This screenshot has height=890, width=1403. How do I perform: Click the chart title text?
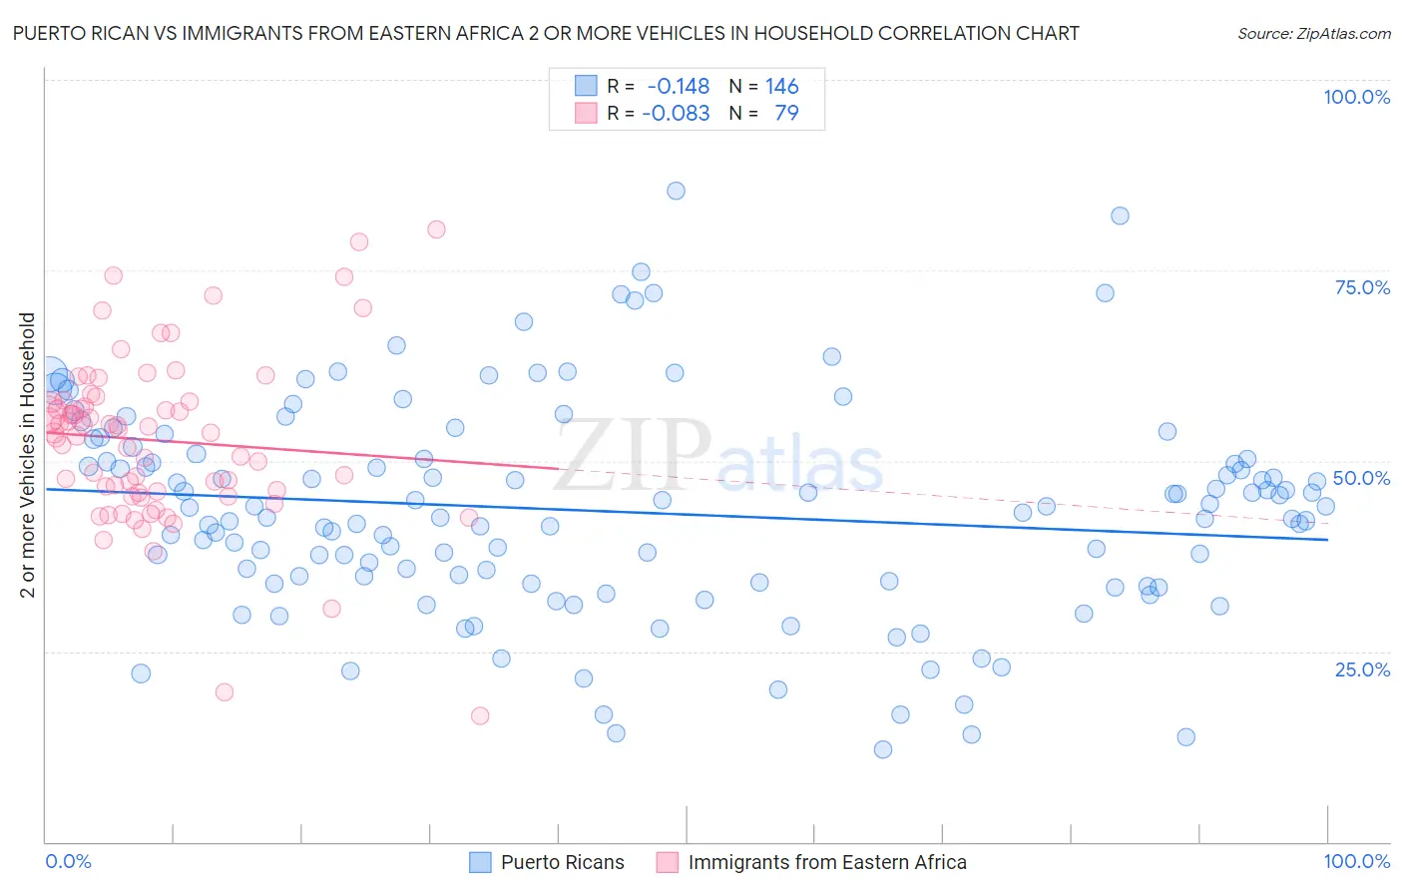click(x=545, y=33)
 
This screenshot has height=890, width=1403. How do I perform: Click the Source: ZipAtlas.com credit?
click(x=1313, y=34)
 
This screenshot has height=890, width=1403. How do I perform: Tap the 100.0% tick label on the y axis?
click(x=1356, y=97)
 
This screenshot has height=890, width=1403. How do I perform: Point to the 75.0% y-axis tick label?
click(x=1362, y=287)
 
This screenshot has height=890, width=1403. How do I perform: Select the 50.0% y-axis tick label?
click(x=1361, y=478)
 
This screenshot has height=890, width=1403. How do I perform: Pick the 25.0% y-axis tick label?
click(x=1362, y=669)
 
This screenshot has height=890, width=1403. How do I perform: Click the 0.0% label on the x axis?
click(x=68, y=861)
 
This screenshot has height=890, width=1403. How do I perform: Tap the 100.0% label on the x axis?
click(x=1356, y=861)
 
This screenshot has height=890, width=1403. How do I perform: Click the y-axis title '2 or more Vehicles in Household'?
click(x=28, y=455)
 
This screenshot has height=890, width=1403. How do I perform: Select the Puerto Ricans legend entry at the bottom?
click(x=562, y=862)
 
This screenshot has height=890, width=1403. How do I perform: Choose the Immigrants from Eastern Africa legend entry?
click(x=826, y=862)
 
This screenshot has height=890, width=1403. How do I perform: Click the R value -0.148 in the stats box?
click(x=678, y=87)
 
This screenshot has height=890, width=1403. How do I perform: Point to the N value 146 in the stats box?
click(x=782, y=87)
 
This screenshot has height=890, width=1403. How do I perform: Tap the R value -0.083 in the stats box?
click(x=676, y=113)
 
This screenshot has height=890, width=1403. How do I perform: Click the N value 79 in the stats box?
click(x=786, y=113)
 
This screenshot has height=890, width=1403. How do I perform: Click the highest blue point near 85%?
click(x=676, y=191)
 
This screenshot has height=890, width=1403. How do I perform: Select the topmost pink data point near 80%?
click(x=436, y=229)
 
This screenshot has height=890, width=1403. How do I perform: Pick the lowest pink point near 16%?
click(x=480, y=715)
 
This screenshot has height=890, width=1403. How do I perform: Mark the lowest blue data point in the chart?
click(x=882, y=749)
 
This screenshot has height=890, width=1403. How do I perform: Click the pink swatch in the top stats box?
click(x=585, y=113)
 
